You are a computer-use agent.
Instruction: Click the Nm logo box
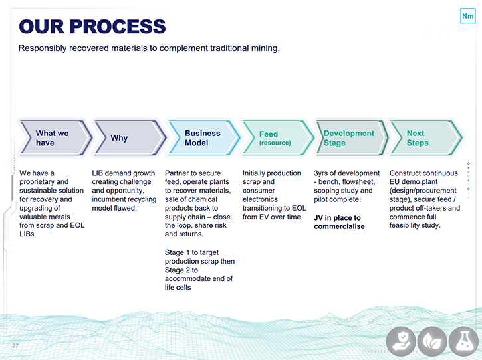(x=467, y=16)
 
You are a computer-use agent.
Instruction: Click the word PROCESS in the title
(x=118, y=27)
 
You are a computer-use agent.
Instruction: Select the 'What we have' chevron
(x=55, y=137)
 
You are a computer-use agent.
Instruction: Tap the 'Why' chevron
(x=130, y=137)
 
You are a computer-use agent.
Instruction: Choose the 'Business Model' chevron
(x=204, y=137)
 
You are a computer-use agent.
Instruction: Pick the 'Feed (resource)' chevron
(x=278, y=137)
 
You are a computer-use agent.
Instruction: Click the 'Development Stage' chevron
(x=352, y=137)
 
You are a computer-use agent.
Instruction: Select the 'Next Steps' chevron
(x=426, y=137)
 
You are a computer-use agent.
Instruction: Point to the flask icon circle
(x=464, y=341)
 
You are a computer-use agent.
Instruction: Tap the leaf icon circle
(x=432, y=341)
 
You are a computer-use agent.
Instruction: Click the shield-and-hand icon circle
(x=401, y=341)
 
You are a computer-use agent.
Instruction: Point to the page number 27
(x=15, y=345)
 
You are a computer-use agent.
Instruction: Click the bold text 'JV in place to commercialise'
(x=339, y=222)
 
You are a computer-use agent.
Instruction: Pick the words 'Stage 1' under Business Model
(x=177, y=252)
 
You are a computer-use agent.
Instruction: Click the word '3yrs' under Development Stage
(x=320, y=173)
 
